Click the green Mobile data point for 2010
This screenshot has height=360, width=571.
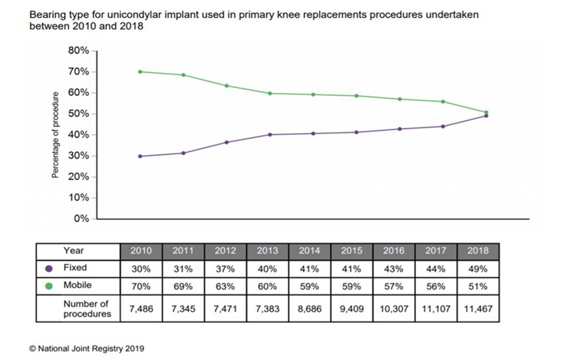(140, 71)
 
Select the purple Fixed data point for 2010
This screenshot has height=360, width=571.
(140, 156)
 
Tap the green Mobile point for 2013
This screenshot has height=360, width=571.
(269, 93)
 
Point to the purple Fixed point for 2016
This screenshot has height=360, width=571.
(399, 129)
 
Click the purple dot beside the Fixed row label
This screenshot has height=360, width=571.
(49, 269)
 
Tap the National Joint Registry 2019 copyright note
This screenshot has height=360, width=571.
(86, 349)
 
